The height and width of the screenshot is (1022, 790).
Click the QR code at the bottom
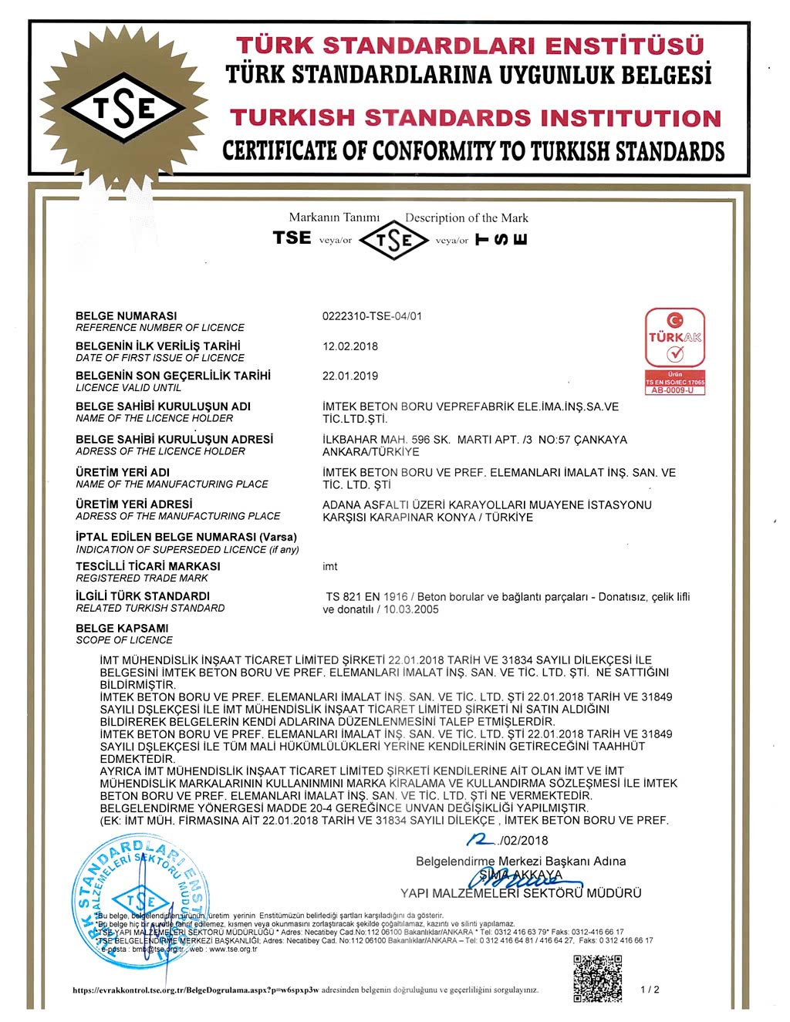[597, 977]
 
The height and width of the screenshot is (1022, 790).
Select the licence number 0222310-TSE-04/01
[372, 316]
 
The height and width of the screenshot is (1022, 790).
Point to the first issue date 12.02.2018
[350, 346]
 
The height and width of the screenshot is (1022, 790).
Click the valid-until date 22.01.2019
[350, 376]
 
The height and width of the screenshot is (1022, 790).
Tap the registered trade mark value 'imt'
[330, 567]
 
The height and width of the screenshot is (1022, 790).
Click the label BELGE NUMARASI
[126, 316]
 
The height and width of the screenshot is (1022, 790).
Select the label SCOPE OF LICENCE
[124, 640]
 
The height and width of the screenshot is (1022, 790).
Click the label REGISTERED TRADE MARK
[142, 578]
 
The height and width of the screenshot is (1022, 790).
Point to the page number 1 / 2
[650, 990]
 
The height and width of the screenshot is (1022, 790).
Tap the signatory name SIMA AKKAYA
[521, 875]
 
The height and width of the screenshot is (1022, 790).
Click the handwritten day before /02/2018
[482, 839]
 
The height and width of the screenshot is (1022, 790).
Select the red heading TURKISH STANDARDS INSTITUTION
[475, 118]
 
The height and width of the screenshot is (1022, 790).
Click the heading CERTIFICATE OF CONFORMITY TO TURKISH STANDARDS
[474, 151]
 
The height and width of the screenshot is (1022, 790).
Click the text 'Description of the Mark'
[467, 218]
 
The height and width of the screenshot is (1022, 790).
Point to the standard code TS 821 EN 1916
[366, 597]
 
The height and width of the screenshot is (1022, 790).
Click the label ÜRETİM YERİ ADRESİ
[134, 504]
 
